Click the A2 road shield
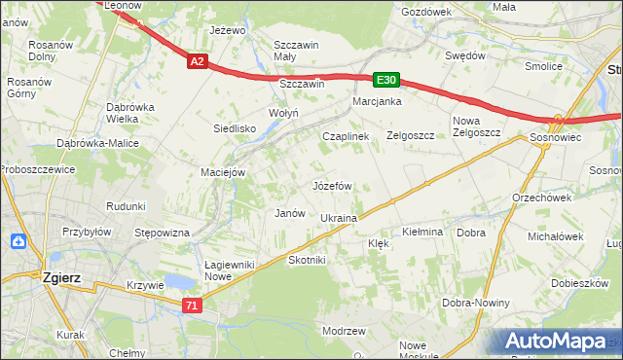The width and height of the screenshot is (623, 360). coord(197,61)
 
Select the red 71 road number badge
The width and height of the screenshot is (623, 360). coord(193,306)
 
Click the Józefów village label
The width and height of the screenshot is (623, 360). coord(331,185)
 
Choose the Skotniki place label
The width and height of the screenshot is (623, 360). coord(307,260)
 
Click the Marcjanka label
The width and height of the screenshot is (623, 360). coord(378,101)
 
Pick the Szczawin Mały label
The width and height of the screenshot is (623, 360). coord(298,51)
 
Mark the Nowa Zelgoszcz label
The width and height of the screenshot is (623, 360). coord(476,126)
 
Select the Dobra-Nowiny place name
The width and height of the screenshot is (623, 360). coord(478,303)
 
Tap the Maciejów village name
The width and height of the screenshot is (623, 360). coord(222,172)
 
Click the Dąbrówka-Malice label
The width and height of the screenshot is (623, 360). coord(98,143)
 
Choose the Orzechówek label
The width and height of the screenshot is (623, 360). coord(541,197)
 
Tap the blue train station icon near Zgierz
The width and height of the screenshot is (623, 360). coord(18,241)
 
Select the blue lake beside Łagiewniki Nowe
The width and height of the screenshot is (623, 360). coord(178,282)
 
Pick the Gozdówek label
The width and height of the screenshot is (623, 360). coord(426,12)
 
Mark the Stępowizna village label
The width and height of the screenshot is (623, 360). coord(162,234)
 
